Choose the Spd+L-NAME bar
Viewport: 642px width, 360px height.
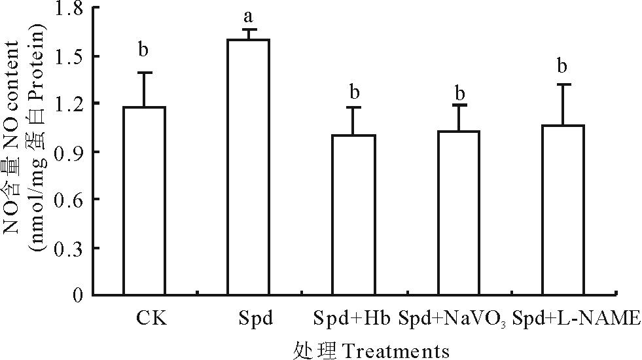coord(563,209)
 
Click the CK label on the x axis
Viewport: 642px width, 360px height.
coord(151,319)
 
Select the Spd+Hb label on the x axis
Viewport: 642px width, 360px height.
coord(351,319)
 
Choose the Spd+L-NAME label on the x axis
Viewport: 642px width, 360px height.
coord(575,319)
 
